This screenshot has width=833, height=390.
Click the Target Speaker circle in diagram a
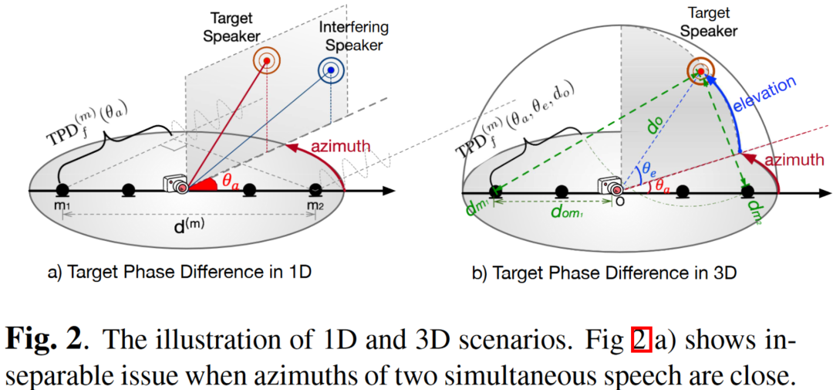(267, 61)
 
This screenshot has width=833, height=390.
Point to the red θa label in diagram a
(230, 179)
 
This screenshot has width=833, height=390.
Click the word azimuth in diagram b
(788, 159)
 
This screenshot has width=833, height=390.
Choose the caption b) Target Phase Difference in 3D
(615, 272)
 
